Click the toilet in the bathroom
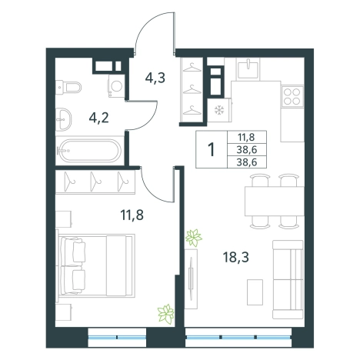68,87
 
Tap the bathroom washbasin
63,119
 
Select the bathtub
89,151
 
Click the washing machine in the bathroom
116,86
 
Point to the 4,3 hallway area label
155,78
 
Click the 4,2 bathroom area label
99,118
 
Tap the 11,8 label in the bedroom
132,215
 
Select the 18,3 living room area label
236,257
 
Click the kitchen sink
248,68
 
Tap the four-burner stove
292,96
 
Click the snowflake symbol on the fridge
219,111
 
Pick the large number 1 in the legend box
212,149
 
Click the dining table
275,202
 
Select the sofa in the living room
288,279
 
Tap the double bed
96,265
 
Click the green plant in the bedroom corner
166,314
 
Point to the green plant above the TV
194,238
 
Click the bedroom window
117,337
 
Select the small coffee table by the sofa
255,292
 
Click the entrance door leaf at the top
175,31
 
